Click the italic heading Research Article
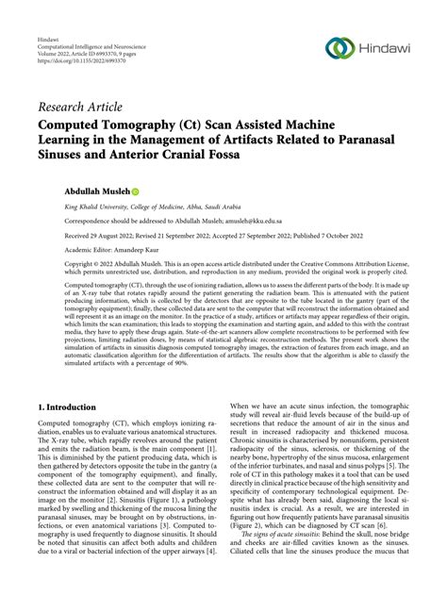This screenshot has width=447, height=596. (x=79, y=107)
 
